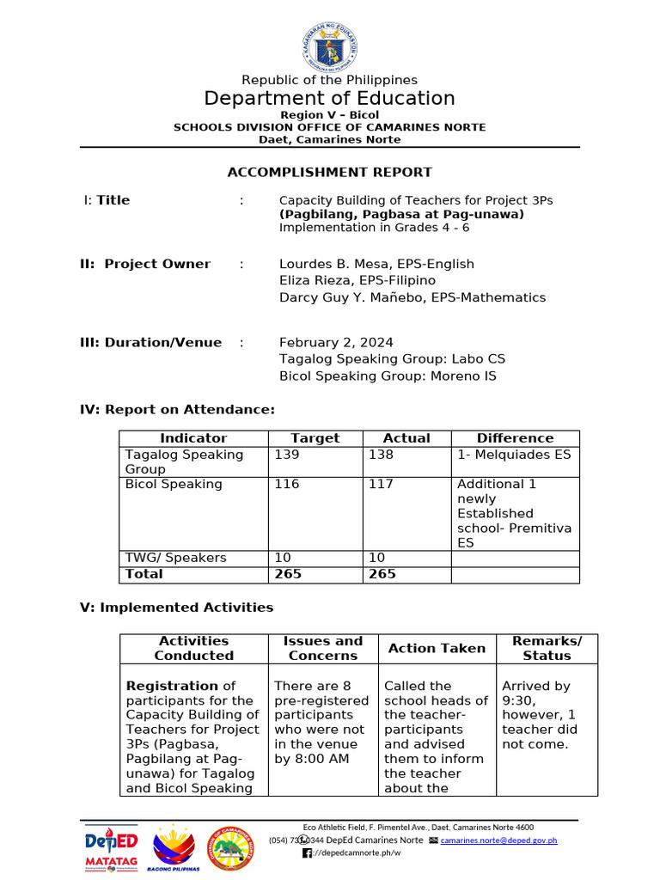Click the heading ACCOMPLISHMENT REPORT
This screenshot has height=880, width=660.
(x=329, y=172)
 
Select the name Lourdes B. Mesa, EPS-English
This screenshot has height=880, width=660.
(x=376, y=264)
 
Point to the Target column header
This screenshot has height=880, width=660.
(x=315, y=438)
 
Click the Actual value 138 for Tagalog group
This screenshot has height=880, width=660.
(x=381, y=455)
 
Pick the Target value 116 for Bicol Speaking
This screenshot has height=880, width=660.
(x=287, y=484)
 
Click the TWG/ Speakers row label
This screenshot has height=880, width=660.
(x=175, y=558)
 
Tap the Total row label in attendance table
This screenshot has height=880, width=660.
(x=144, y=573)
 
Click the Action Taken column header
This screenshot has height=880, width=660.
(x=437, y=648)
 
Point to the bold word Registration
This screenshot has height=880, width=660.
(x=172, y=686)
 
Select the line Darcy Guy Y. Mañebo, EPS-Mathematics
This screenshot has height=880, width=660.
(x=412, y=297)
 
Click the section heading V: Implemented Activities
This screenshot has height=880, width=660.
(x=176, y=608)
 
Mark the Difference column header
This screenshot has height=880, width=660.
(x=515, y=438)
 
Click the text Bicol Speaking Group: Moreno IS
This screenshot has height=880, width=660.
(x=388, y=376)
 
